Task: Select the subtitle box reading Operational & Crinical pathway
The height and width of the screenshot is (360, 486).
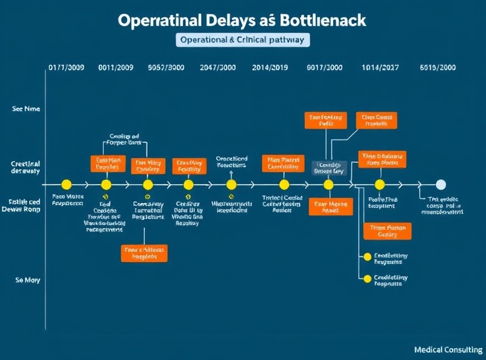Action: [243, 40]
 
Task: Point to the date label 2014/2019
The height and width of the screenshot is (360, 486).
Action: [269, 68]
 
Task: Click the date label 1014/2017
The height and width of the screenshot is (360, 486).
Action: [380, 68]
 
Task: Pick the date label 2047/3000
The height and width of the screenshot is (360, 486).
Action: [217, 68]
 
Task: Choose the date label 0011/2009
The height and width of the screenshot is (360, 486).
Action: [116, 68]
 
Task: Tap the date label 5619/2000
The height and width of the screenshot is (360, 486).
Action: [437, 68]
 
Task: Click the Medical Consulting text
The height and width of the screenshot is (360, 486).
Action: [448, 350]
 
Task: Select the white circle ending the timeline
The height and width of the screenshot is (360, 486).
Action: [441, 184]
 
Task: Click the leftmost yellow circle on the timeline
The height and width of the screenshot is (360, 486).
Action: [67, 184]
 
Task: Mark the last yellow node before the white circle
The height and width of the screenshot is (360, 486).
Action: [380, 184]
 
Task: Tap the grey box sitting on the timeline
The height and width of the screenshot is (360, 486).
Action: [329, 168]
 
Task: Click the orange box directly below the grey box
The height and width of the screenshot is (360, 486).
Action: [330, 207]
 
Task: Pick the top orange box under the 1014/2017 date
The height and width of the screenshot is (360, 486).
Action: [376, 120]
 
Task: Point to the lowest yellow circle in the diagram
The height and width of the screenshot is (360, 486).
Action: [366, 279]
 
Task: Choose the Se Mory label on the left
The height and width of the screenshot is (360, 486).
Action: [27, 280]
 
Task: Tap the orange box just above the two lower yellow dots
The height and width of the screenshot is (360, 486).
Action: [387, 231]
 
